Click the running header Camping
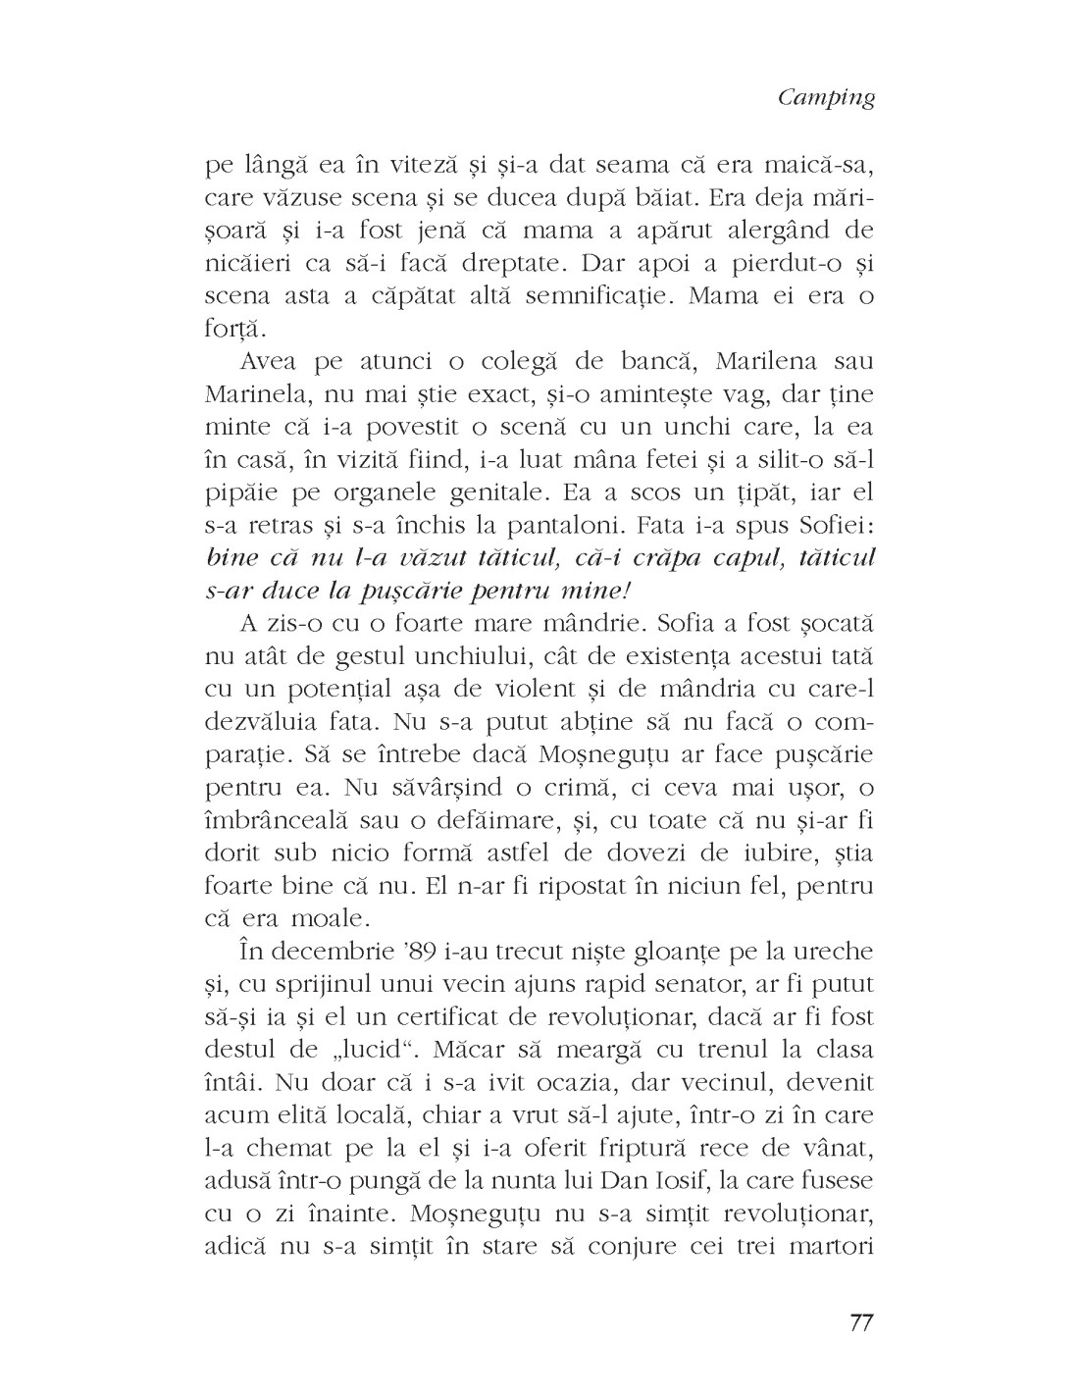pyautogui.click(x=825, y=99)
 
